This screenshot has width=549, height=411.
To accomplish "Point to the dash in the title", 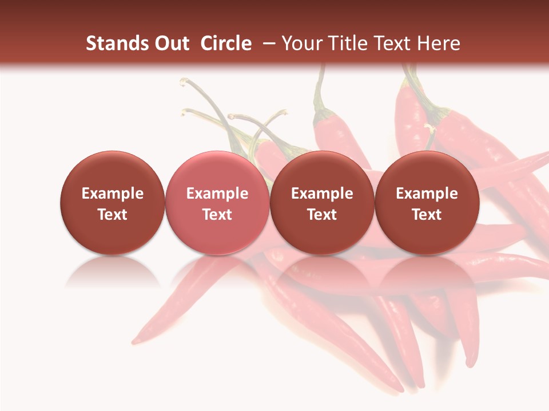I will pos(266,43).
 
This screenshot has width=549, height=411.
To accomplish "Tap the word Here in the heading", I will pos(438,43).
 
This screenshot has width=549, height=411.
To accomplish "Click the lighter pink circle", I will pos(217,203).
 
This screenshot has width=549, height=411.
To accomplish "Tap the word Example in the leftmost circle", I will pos(112,194).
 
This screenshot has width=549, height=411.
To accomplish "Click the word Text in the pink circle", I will pos(217,215).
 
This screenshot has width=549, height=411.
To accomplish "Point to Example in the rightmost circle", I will pos(427,194).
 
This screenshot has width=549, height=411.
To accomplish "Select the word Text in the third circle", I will pos(322,215).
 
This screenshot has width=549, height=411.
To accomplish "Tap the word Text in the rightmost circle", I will pos(427,215).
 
